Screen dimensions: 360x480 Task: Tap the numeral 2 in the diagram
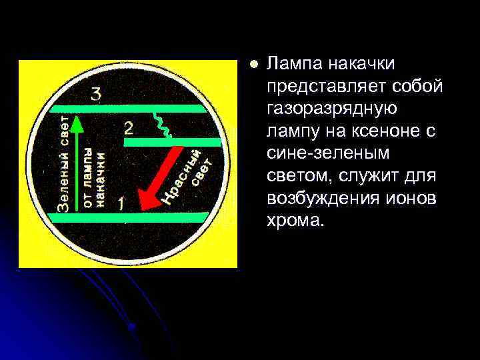point(129,127)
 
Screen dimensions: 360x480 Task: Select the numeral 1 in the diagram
point(121,203)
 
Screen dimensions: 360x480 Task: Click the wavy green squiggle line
point(161,123)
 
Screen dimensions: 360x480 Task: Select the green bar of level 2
point(172,142)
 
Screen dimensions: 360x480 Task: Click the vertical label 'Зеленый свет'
point(61,167)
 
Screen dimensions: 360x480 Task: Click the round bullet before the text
point(252,65)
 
